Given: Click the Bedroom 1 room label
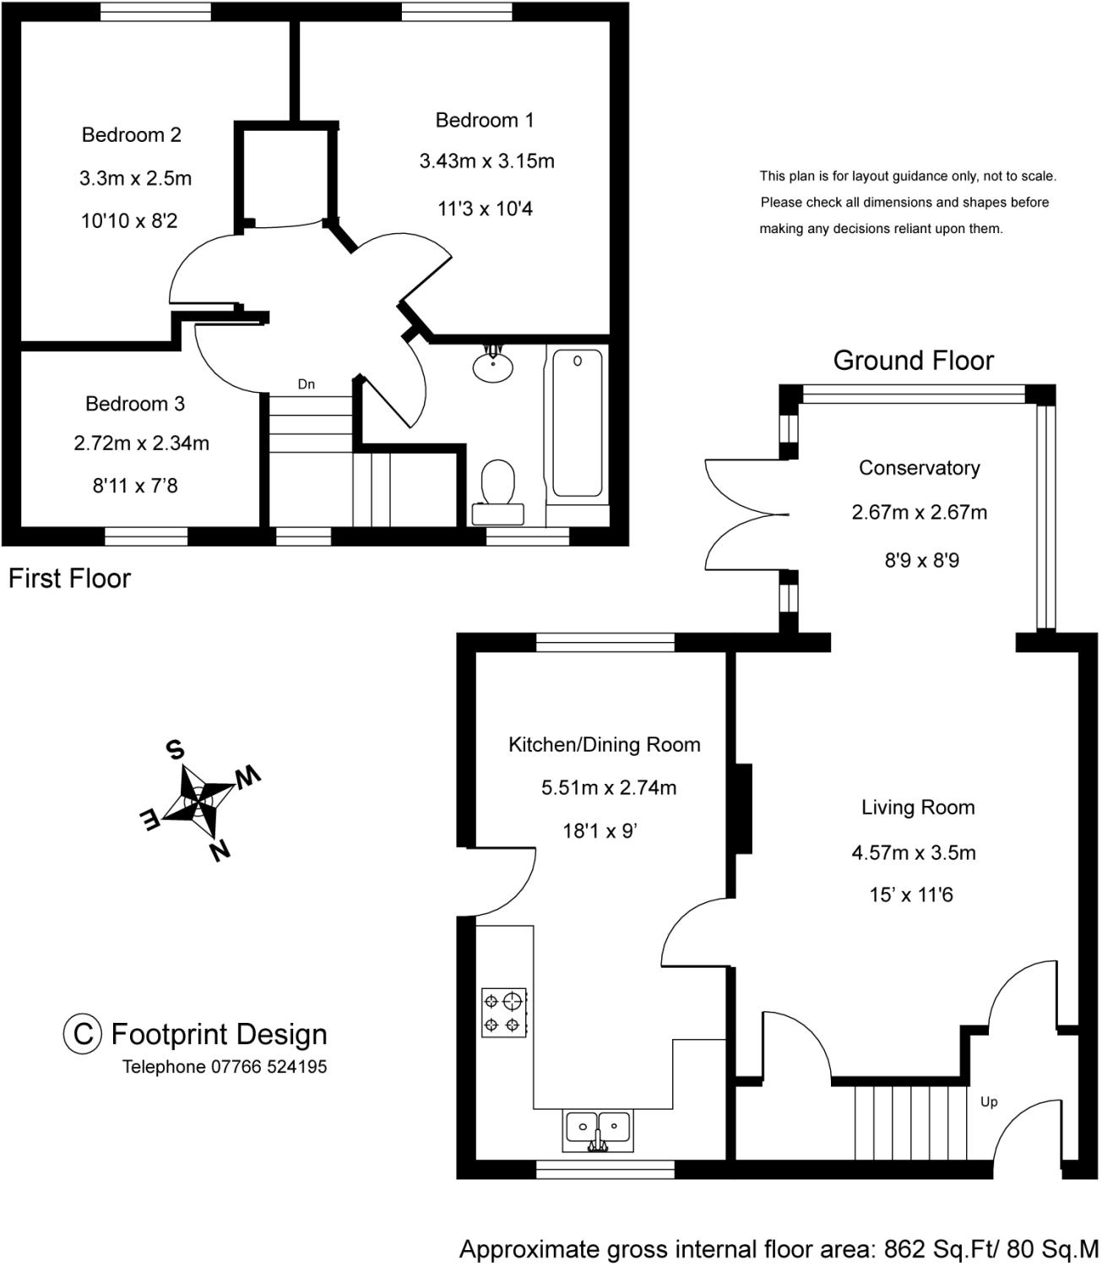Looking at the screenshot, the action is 485,121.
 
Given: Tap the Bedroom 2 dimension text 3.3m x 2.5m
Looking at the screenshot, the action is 136,178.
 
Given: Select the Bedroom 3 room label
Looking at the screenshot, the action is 135,404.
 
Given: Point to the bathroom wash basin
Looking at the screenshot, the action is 493,365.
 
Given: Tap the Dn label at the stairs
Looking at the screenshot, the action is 307,384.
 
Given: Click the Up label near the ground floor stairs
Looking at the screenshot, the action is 989,1101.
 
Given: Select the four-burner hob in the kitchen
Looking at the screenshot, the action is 504,1012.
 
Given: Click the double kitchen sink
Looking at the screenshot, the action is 598,1129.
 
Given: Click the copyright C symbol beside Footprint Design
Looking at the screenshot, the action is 83,1034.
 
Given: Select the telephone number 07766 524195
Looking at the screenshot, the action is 269,1067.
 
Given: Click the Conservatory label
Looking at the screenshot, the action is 919,468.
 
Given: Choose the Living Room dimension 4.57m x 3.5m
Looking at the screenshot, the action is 914,852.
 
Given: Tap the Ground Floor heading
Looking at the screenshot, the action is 914,361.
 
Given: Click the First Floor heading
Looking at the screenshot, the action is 70,579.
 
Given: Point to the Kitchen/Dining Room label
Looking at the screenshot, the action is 605,745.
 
